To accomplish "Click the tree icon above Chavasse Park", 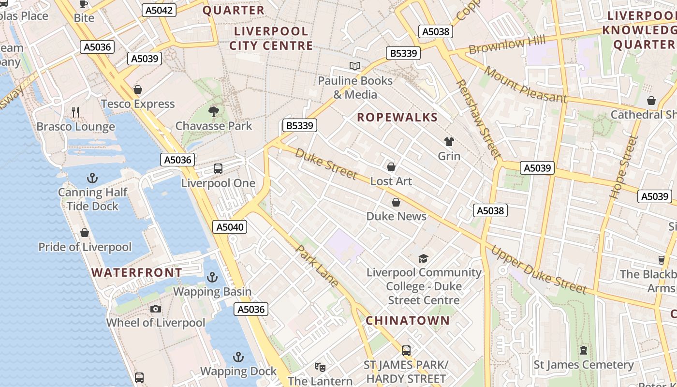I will tap(213, 112).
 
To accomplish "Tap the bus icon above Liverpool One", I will tap(218, 169).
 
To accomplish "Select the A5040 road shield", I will tap(231, 227).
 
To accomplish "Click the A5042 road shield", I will tap(159, 10).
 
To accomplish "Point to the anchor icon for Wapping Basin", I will tap(212, 277).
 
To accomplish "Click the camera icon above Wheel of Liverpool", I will tap(155, 309).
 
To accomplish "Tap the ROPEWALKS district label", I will tap(397, 117).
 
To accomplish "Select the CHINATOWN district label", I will tap(408, 320).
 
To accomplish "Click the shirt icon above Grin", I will tap(449, 142).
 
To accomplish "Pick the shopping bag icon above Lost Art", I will tap(391, 167).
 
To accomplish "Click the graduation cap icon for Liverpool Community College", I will tap(423, 258).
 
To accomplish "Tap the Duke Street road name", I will tap(326, 164).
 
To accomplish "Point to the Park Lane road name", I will tap(317, 266).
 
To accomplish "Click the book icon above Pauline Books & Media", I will tap(355, 66).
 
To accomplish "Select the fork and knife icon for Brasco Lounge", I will tap(75, 112).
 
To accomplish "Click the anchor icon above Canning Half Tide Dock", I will tap(92, 178).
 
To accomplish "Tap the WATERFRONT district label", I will tap(136, 272).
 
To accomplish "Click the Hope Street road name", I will tap(624, 167).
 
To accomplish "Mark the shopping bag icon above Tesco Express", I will tap(138, 89).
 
